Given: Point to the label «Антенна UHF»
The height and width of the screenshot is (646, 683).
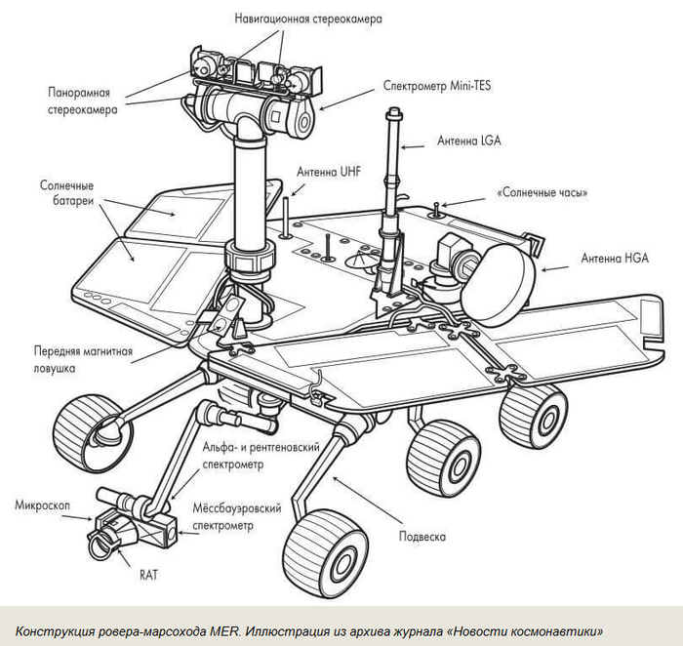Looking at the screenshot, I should click(329, 172).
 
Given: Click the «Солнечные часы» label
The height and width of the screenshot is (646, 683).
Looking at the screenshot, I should click(542, 193).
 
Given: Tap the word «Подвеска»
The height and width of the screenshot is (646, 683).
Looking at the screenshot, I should click(422, 536).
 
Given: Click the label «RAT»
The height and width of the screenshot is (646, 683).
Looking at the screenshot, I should click(148, 575).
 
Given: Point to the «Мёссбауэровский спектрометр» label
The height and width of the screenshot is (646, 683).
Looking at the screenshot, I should click(238, 517).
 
